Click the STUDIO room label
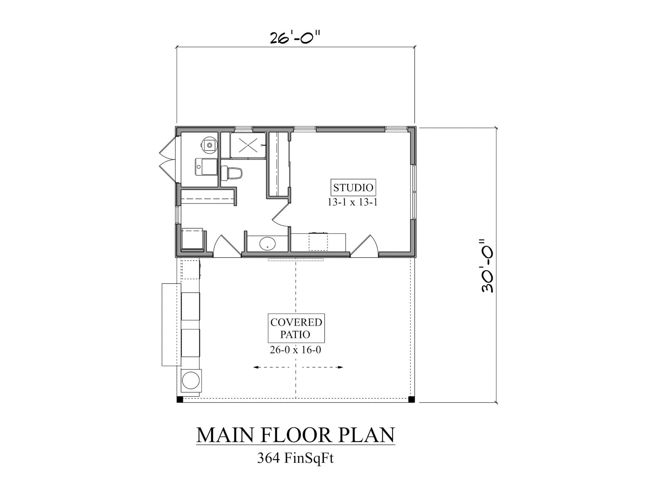353,188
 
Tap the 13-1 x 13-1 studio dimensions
352,202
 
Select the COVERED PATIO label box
296,328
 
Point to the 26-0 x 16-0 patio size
295,350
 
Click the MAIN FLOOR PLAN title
295,435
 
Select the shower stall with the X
248,145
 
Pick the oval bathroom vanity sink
268,244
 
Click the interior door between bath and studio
280,215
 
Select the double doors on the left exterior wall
167,160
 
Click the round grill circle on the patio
190,380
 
